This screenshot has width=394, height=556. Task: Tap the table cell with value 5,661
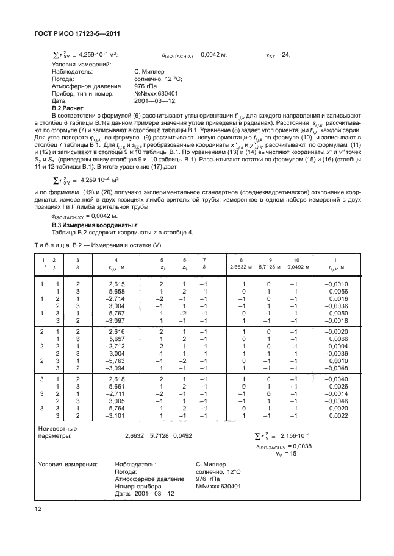coord(116,385)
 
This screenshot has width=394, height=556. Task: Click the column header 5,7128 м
coord(270,266)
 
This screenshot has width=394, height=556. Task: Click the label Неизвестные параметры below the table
coord(59,432)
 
